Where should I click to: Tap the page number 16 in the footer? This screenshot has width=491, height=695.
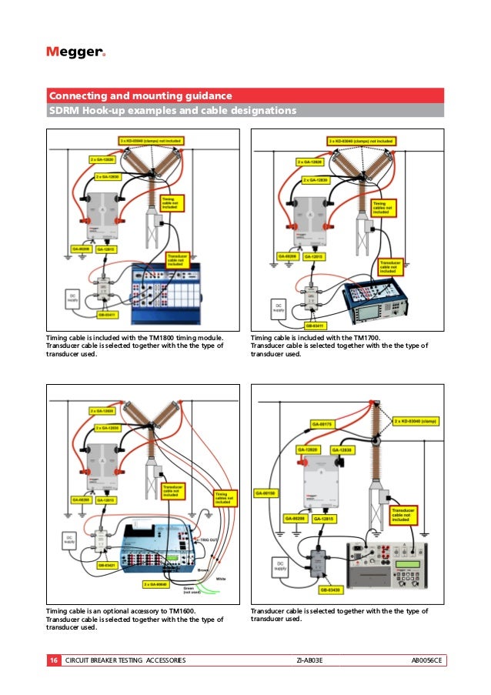click(53, 660)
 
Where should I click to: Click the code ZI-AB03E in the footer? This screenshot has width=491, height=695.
click(309, 660)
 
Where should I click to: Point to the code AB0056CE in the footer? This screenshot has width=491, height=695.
click(428, 660)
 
